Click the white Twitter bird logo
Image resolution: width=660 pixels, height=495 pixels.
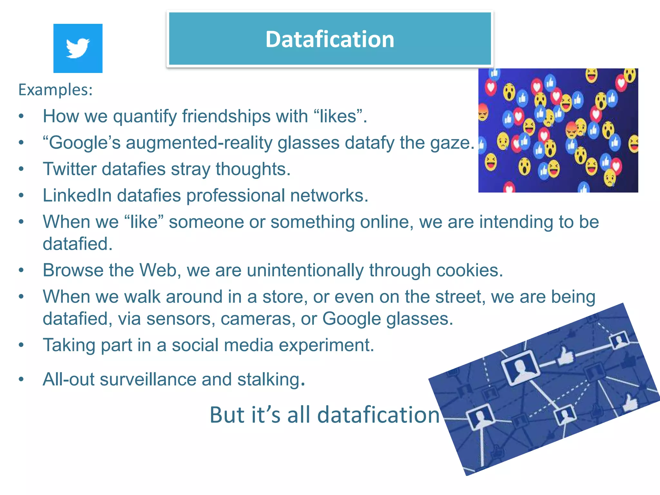[x=78, y=48]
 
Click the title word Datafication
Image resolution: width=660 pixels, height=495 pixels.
[x=330, y=39]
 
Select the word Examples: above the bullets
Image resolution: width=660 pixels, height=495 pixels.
[x=55, y=90]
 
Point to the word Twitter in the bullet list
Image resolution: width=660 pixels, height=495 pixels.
[x=70, y=169]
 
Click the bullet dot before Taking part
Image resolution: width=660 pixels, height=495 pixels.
[x=21, y=345]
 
